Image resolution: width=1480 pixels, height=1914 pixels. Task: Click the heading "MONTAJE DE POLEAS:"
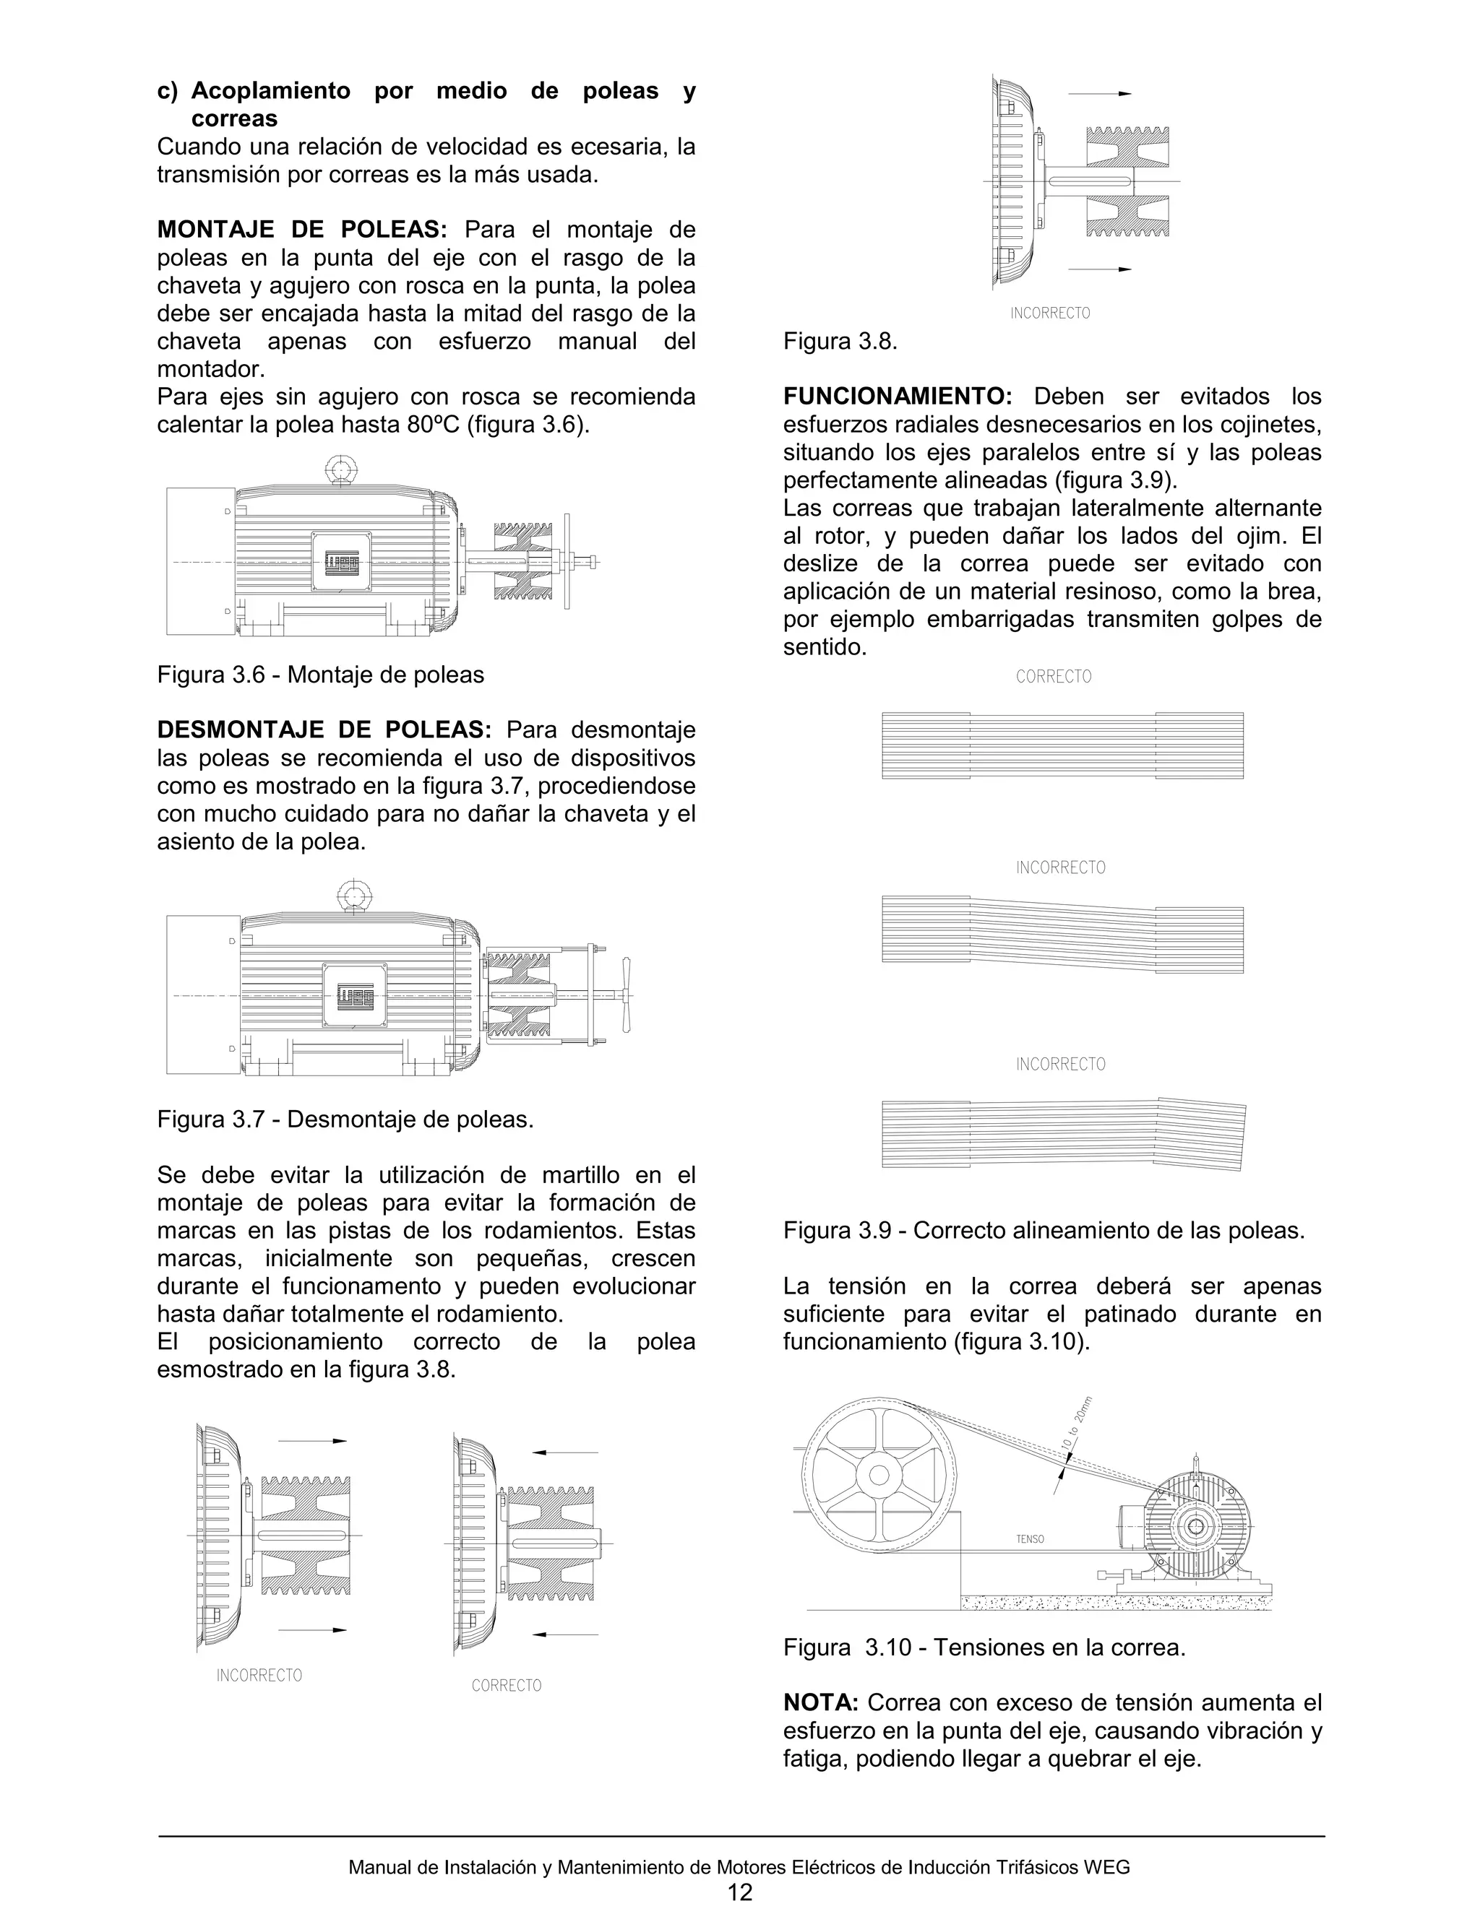tap(301, 230)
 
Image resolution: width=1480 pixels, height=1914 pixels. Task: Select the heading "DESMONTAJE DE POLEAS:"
tap(324, 730)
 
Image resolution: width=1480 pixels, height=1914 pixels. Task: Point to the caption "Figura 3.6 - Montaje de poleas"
tap(320, 675)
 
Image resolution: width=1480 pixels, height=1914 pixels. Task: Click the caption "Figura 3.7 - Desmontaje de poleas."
tap(345, 1120)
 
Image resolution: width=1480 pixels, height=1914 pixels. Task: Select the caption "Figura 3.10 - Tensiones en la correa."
tap(984, 1647)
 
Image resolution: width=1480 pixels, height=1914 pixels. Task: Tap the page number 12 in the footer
tap(740, 1893)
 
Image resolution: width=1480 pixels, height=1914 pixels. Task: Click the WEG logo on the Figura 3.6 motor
tap(340, 562)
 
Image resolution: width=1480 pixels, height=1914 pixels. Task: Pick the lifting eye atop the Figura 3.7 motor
tap(353, 896)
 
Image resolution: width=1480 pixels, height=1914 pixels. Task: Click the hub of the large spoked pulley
tap(879, 1475)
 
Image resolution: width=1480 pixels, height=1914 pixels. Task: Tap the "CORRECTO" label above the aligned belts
tap(1053, 677)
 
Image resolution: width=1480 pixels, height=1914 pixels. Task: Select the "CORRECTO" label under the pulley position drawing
tap(506, 1685)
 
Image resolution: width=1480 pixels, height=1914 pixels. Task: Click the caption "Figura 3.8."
tap(840, 342)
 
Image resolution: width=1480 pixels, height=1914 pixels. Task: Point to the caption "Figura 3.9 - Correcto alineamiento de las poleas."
tap(1044, 1231)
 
